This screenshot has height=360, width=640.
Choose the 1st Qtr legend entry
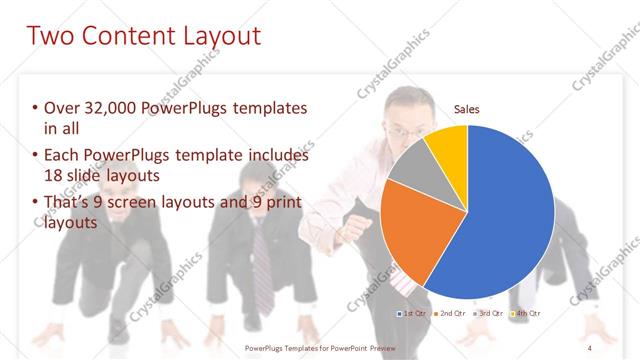414,314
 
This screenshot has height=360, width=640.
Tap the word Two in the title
51,38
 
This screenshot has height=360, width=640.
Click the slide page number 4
591,346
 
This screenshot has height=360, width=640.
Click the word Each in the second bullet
61,156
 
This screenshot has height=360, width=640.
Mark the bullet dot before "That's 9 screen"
35,204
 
